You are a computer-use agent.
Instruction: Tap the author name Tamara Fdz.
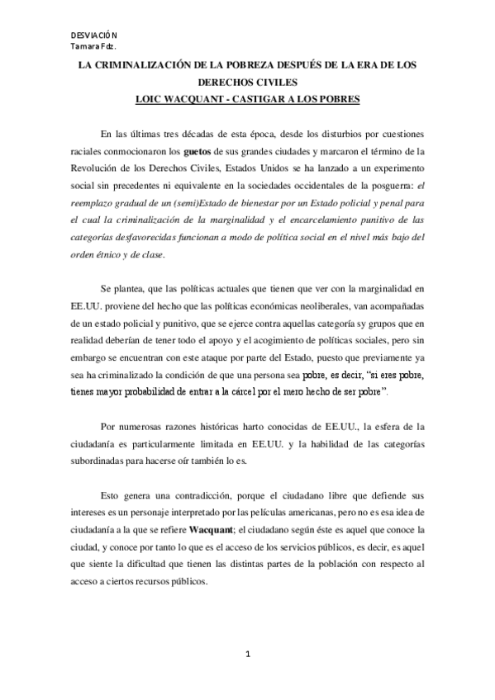pyautogui.click(x=92, y=46)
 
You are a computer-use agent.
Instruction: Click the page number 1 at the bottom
pyautogui.click(x=247, y=655)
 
